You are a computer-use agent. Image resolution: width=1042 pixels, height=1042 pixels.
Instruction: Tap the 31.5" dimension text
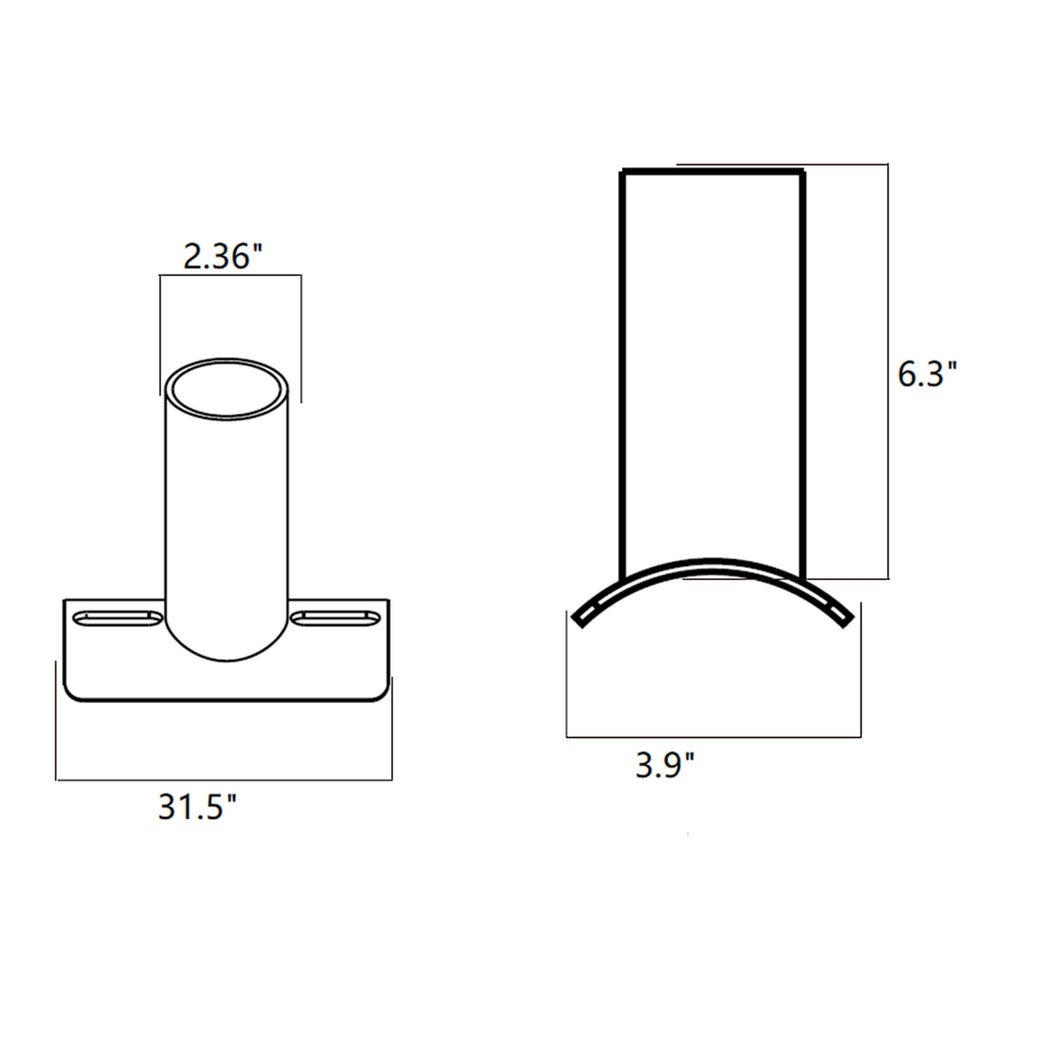coord(197,808)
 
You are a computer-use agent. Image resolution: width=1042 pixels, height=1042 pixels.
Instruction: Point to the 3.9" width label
coord(664,764)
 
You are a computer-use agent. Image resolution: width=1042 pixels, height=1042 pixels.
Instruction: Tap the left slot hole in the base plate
coord(118,617)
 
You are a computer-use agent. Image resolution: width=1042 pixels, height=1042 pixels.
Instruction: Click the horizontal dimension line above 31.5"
coord(223,780)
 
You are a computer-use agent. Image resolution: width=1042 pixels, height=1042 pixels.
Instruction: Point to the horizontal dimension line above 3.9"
coord(712,736)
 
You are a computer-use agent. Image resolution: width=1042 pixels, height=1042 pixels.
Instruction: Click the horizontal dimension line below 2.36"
coord(230,275)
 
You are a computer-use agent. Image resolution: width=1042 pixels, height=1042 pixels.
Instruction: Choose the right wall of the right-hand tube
coord(803,369)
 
